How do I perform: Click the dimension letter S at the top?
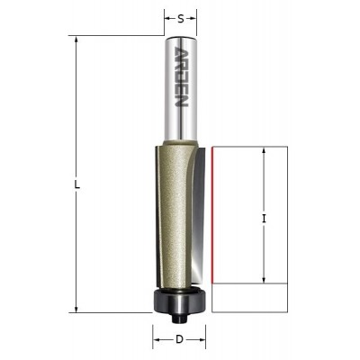(x=181, y=19)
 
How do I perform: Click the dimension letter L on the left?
(x=77, y=185)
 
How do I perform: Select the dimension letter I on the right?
(x=264, y=220)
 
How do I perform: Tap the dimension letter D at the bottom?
(x=179, y=340)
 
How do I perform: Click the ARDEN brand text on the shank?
(x=181, y=77)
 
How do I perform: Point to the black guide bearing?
(x=179, y=301)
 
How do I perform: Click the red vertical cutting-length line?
(x=211, y=215)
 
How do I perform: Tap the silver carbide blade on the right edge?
(x=199, y=214)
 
